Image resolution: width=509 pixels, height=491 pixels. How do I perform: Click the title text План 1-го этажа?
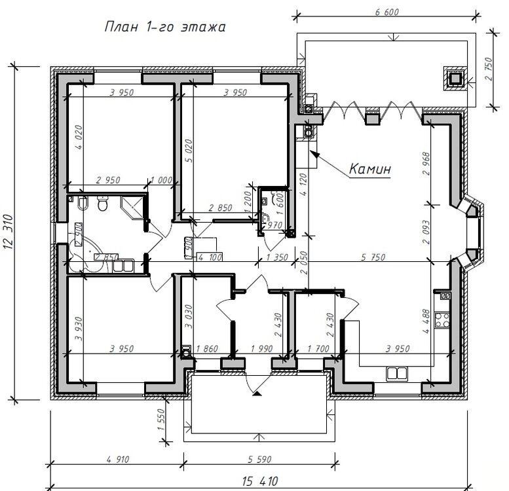(164, 27)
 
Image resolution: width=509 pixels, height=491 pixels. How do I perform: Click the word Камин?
(369, 168)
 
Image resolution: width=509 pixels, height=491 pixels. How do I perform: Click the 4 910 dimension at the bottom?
(117, 459)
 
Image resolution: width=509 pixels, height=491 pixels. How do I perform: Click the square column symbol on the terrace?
(455, 77)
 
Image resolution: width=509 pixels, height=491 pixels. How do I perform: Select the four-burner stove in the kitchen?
(445, 320)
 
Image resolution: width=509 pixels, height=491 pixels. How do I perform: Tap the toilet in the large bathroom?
(102, 206)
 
